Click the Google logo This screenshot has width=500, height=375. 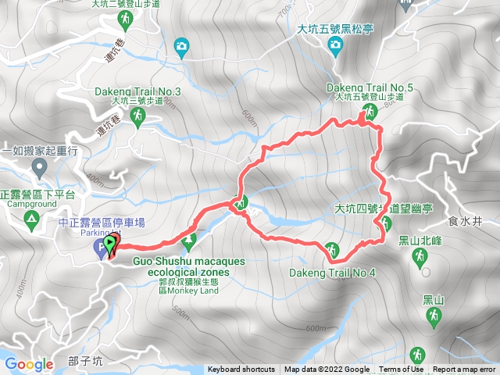click(x=29, y=364)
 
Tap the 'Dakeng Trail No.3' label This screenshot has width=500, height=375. click(x=137, y=92)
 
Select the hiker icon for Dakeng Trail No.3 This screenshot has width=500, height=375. click(x=138, y=116)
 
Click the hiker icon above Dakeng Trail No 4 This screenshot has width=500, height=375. click(x=332, y=250)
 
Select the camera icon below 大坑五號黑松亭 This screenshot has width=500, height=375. click(x=336, y=46)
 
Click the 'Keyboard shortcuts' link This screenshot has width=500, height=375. click(x=241, y=370)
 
